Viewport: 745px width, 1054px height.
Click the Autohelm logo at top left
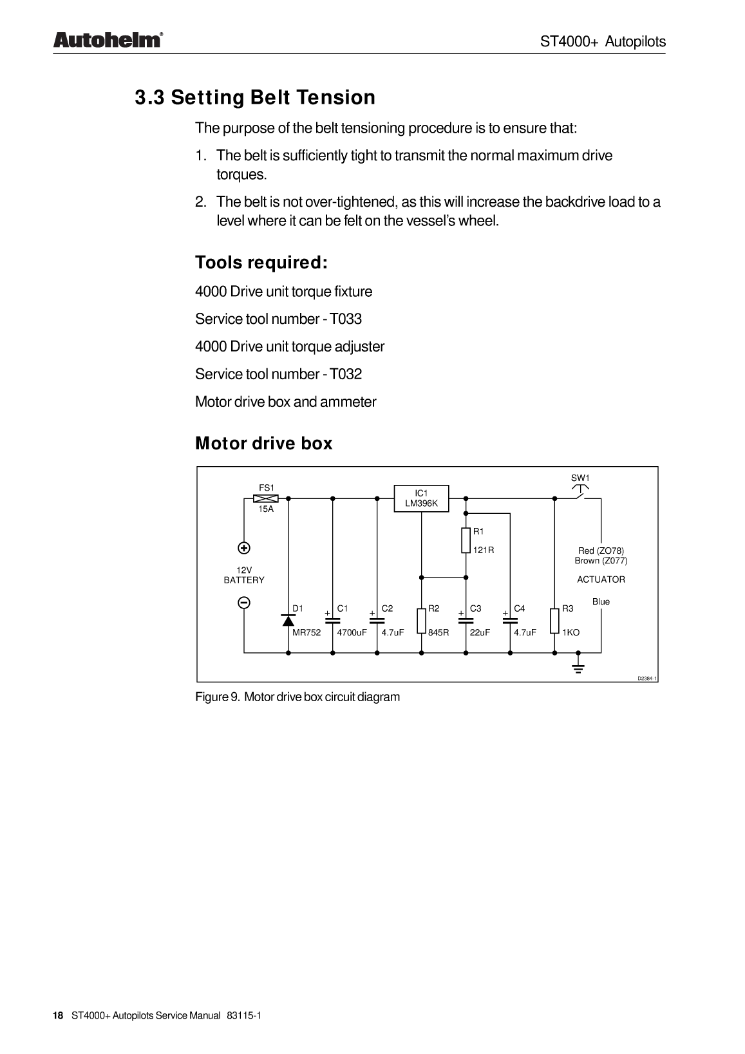(107, 41)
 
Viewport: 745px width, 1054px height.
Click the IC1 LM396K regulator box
(421, 498)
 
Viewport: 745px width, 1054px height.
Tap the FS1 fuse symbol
(266, 498)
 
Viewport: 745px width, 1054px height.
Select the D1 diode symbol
(288, 619)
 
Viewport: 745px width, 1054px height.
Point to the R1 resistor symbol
(466, 540)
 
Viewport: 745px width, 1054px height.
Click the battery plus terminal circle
(244, 549)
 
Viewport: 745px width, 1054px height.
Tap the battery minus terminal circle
(244, 603)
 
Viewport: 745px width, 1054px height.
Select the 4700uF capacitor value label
(352, 632)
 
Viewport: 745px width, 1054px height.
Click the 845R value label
(439, 632)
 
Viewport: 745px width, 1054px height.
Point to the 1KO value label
(571, 632)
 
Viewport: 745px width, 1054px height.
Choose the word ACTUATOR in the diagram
(601, 579)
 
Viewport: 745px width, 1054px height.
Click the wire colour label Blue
(601, 601)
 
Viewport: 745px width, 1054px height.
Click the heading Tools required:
(261, 263)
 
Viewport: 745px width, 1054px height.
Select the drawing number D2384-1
(647, 679)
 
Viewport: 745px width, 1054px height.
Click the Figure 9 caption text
(297, 697)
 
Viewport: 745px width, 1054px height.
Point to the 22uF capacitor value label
(480, 632)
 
